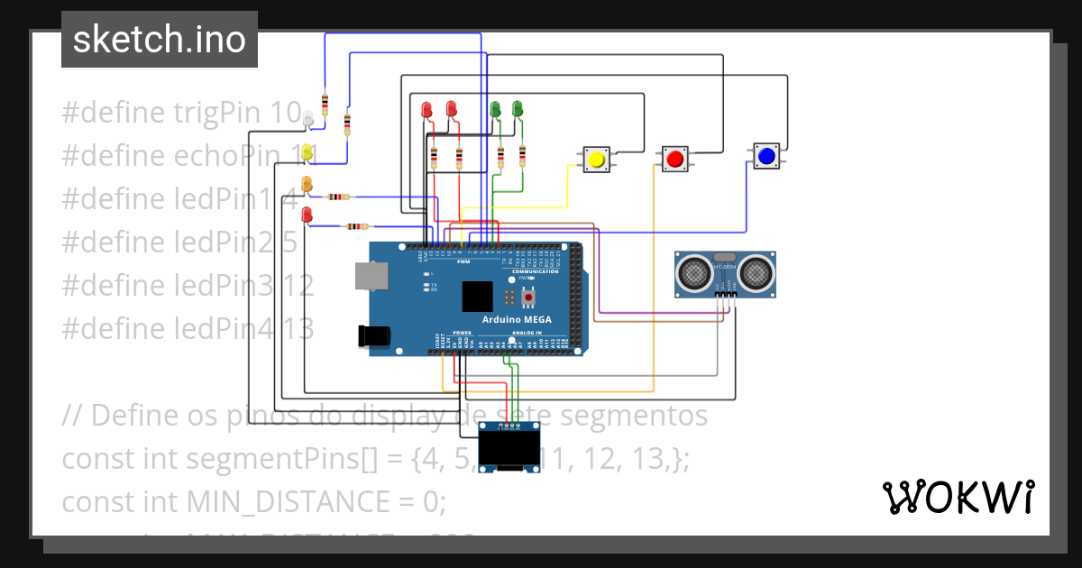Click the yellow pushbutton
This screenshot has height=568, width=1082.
[595, 160]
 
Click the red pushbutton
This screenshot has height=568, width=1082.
[674, 160]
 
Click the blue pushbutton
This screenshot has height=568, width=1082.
[766, 156]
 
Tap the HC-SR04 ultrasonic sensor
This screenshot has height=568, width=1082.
[725, 274]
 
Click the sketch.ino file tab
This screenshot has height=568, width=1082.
[160, 40]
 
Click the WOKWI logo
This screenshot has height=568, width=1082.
[958, 497]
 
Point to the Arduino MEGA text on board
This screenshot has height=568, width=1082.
[517, 320]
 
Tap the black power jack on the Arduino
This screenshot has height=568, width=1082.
[373, 335]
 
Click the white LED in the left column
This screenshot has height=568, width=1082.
[307, 118]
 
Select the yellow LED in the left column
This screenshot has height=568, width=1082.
[307, 152]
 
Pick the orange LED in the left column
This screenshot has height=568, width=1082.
[307, 184]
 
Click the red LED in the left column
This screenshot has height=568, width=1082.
[307, 215]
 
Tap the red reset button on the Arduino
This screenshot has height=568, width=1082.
[529, 296]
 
